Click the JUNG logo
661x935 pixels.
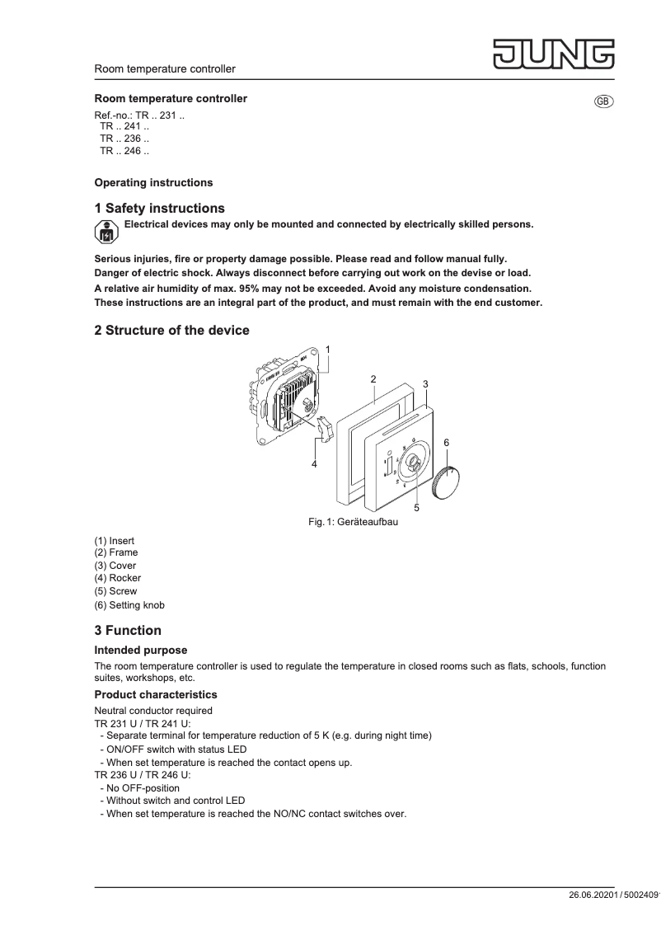point(554,53)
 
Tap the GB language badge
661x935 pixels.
point(603,101)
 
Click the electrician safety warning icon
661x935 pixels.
point(105,232)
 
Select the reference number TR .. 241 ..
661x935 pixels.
point(124,127)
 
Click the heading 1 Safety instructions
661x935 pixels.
point(159,209)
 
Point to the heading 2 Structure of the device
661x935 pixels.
point(171,331)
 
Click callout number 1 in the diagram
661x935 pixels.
point(328,350)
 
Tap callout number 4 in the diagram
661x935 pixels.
point(314,464)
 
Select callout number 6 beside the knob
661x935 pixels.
point(446,443)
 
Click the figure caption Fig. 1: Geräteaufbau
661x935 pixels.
point(353,522)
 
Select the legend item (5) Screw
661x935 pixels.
point(115,591)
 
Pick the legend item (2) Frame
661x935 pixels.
point(116,552)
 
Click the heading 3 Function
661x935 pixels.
point(128,631)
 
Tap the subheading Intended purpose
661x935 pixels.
point(141,651)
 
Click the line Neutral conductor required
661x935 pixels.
point(153,710)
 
